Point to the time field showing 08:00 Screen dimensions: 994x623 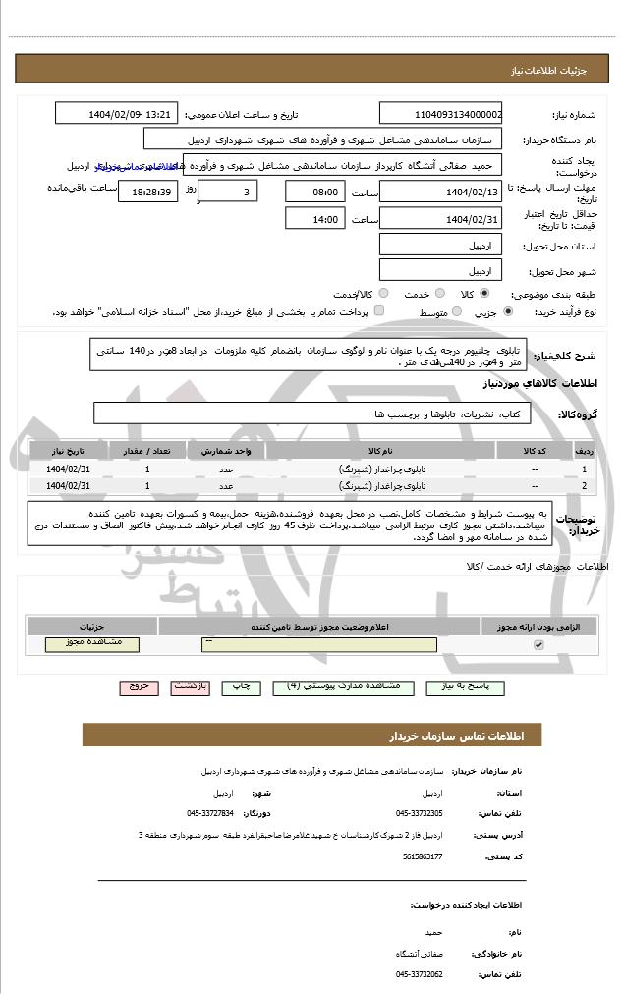[314, 192]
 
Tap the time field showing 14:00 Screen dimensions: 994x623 [314, 219]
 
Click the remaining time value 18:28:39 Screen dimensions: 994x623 [147, 192]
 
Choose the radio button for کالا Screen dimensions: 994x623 [484, 293]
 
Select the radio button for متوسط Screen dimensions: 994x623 [455, 311]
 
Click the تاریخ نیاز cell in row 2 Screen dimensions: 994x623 [68, 485]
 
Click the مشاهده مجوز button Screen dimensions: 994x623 [92, 643]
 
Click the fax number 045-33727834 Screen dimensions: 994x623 [209, 813]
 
